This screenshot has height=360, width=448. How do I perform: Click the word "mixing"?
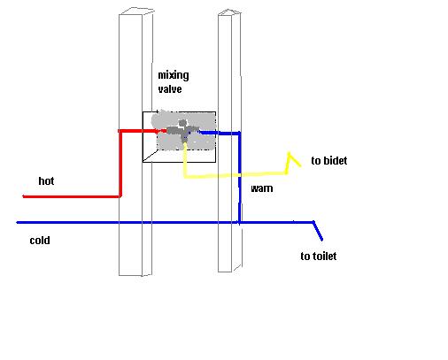pos(174,76)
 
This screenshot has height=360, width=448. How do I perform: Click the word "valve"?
pos(170,88)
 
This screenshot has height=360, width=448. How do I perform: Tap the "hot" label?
pos(46,180)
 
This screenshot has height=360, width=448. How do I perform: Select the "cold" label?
pos(40,241)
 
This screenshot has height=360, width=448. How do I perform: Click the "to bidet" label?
pos(329,160)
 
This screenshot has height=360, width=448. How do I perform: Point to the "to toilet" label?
pos(319,256)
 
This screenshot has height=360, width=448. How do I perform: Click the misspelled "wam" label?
pos(261,188)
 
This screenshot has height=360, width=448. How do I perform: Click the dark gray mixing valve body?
pos(181,130)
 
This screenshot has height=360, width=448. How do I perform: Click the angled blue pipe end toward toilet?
pos(318,231)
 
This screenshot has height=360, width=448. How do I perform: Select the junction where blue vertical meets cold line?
pos(239,222)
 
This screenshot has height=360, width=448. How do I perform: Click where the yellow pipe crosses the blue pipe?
pos(239,174)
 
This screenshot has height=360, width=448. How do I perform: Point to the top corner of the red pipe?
pos(120,131)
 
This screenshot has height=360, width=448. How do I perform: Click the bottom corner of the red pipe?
pos(120,196)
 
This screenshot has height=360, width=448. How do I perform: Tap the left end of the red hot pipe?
pos(24,196)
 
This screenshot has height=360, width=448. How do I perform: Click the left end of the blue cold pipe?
pos(17,223)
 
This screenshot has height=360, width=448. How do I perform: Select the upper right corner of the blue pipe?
pos(239,134)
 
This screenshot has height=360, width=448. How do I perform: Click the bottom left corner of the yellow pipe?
pos(185,177)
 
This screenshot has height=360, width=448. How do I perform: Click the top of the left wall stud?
pos(135,11)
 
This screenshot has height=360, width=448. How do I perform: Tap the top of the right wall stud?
pos(229,12)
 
